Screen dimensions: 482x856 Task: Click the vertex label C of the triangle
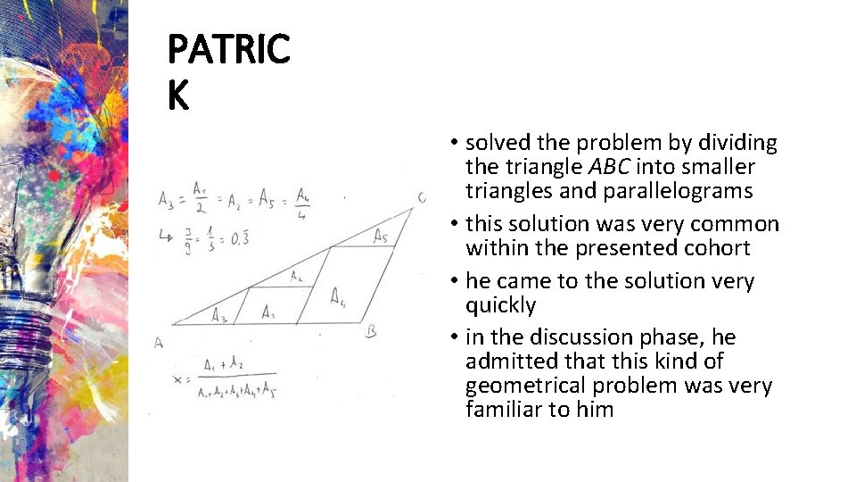(x=421, y=198)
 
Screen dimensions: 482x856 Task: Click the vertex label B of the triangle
(x=371, y=332)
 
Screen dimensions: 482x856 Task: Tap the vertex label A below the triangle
(x=159, y=342)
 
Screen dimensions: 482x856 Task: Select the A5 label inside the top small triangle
(x=381, y=236)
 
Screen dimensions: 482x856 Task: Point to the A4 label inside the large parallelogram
(x=339, y=297)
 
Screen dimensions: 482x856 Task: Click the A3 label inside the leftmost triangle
(x=218, y=314)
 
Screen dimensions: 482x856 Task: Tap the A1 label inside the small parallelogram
(x=268, y=312)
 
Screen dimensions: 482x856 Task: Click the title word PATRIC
(x=229, y=50)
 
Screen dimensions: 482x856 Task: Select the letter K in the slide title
(x=178, y=95)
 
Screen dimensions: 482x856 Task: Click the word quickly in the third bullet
(x=500, y=305)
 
